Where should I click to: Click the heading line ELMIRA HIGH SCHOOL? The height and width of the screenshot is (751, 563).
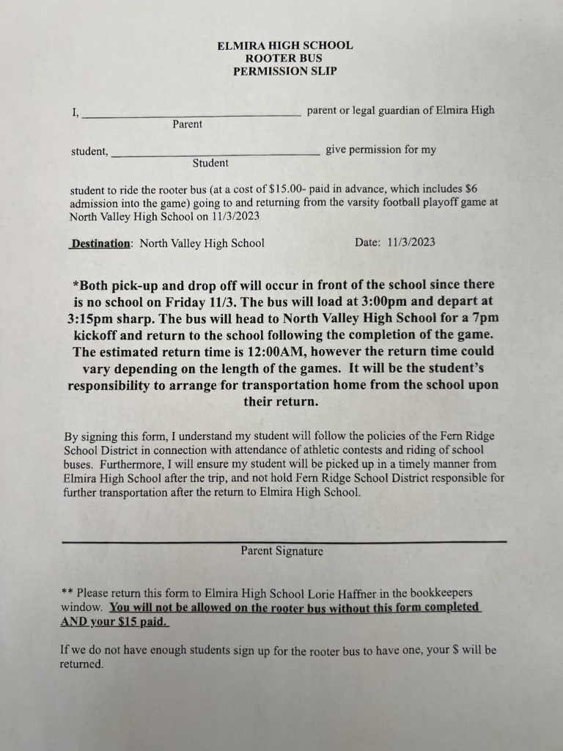pyautogui.click(x=284, y=45)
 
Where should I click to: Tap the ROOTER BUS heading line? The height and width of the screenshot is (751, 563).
pyautogui.click(x=284, y=59)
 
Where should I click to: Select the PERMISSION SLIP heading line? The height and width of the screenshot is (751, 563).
pyautogui.click(x=284, y=72)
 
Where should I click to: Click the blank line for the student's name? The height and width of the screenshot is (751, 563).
pyautogui.click(x=215, y=153)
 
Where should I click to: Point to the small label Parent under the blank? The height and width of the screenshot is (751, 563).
pyautogui.click(x=188, y=125)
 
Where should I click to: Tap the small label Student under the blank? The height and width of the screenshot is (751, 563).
pyautogui.click(x=210, y=163)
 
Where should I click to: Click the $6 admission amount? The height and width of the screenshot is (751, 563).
pyautogui.click(x=471, y=189)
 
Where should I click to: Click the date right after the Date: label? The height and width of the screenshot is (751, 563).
pyautogui.click(x=411, y=243)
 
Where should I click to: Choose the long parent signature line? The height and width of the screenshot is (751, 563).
pyautogui.click(x=284, y=541)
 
